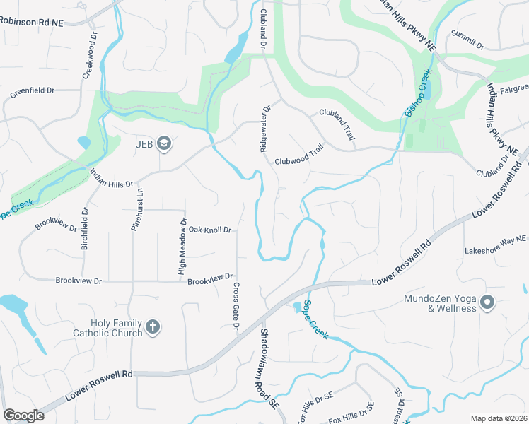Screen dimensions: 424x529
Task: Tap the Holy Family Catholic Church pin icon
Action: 153,327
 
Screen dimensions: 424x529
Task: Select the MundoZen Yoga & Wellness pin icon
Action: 487,302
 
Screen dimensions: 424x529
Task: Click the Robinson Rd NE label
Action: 32,22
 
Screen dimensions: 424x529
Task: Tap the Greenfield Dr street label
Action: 32,91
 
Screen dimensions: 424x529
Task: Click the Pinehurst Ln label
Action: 139,209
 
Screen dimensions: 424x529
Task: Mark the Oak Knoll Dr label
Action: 210,230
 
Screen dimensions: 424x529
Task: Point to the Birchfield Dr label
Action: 85,229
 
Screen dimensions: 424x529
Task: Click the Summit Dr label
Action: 467,40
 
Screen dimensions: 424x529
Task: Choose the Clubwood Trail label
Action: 303,159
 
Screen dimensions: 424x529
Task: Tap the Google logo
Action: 24,416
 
